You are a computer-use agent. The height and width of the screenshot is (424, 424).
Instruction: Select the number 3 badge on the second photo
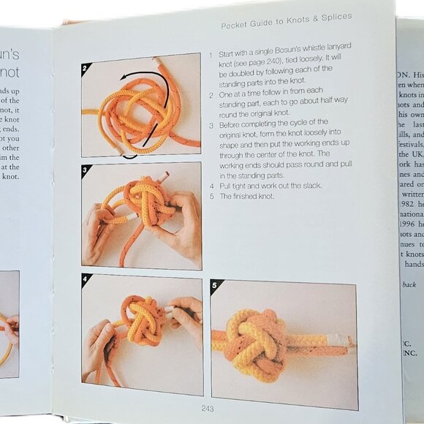[x=87, y=170]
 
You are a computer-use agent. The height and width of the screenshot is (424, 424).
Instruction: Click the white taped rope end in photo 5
[x=338, y=341]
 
